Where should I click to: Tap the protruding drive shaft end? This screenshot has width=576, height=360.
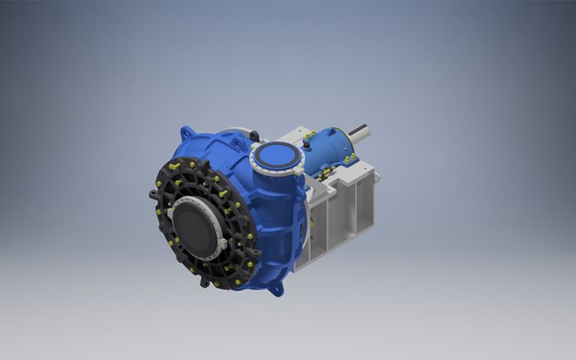362,132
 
